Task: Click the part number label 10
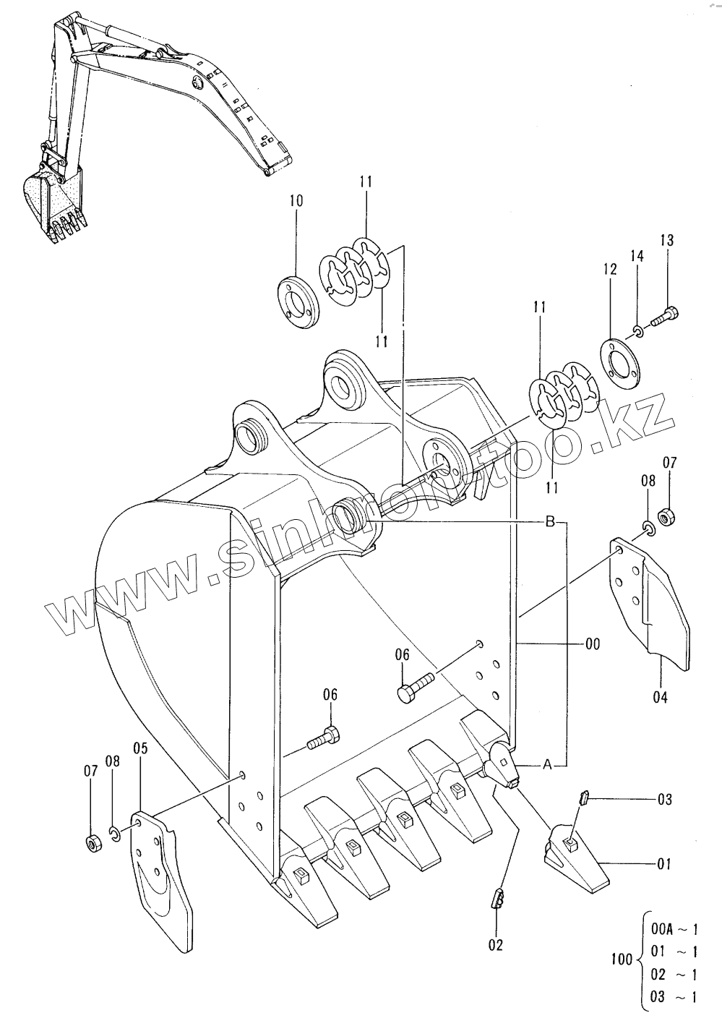[296, 201]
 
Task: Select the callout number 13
[667, 240]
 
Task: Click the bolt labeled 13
[663, 316]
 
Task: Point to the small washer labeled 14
[638, 330]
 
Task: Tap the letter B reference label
[550, 521]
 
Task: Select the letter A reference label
[546, 764]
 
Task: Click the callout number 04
[660, 697]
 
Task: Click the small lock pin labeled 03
[583, 798]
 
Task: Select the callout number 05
[140, 748]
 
